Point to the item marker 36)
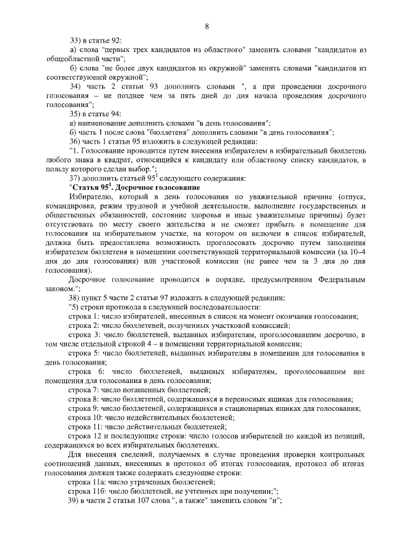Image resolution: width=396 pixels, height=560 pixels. pos(75,141)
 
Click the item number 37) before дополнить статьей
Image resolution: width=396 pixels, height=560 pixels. pos(75,178)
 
